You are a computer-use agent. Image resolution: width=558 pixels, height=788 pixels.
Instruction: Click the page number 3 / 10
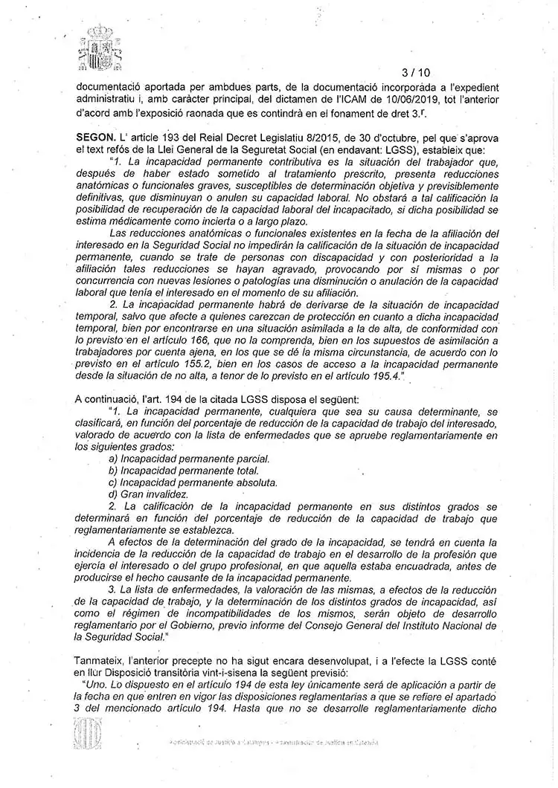(415, 73)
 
